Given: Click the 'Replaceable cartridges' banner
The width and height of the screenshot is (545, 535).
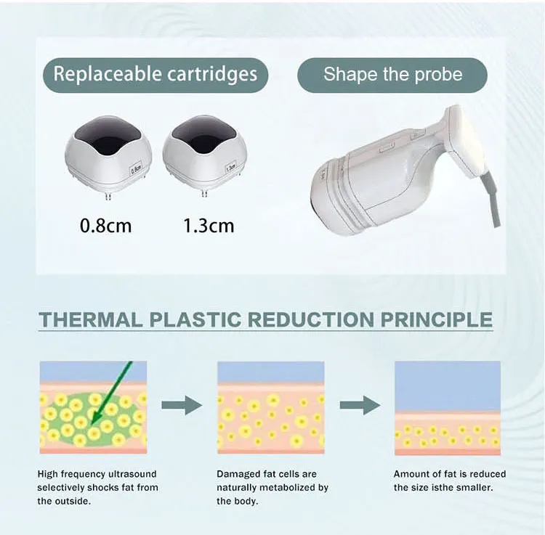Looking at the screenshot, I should point(156,75).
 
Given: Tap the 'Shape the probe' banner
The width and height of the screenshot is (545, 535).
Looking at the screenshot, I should point(392,75).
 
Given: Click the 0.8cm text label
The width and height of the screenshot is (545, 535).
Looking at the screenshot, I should point(105,226).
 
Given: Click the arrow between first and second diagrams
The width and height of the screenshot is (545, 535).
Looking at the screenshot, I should point(182,406).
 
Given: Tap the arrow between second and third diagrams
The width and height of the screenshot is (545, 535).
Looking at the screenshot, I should point(360,406).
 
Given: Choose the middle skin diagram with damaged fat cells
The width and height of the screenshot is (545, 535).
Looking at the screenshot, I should point(270,407).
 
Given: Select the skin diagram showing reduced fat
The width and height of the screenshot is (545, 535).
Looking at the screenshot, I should point(447,407).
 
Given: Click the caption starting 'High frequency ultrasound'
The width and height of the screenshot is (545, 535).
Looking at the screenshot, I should point(97,487).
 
